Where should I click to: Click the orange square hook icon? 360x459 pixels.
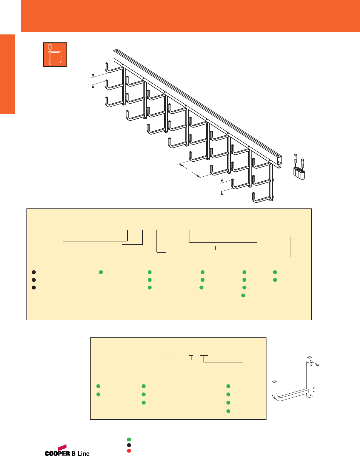55,54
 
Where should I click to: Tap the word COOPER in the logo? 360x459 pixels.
57,453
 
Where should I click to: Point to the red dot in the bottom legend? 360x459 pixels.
129,451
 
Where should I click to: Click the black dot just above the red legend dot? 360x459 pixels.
129,445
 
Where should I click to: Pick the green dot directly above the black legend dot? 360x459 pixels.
129,440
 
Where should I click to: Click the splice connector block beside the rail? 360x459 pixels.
299,173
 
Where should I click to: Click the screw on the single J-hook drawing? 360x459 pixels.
317,365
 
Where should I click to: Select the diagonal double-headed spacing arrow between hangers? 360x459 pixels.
190,171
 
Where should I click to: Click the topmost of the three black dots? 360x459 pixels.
34,272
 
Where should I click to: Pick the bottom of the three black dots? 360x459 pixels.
34,287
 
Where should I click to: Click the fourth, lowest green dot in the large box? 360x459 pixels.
243,295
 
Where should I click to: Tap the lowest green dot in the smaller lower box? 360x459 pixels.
228,411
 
